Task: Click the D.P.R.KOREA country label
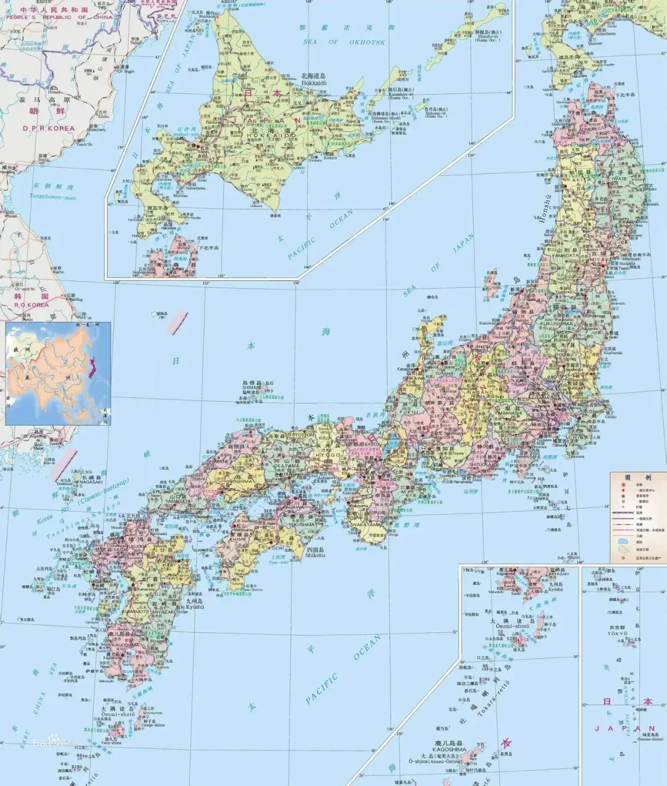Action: click(x=48, y=128)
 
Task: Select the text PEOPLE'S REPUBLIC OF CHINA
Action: click(x=44, y=18)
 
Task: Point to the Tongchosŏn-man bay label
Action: click(x=52, y=196)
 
